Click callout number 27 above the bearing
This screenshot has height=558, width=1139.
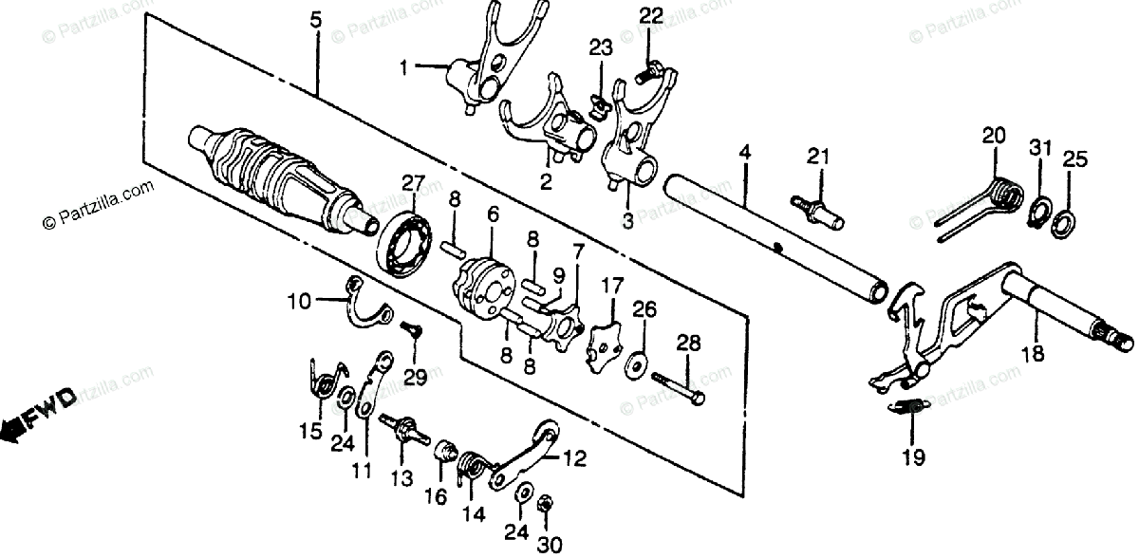[414, 183]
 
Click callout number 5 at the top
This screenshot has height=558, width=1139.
[316, 16]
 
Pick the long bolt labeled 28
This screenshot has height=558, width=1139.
[678, 386]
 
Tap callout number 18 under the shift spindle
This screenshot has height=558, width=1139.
[1032, 355]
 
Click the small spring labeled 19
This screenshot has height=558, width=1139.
[911, 408]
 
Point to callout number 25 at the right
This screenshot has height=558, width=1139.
[1073, 158]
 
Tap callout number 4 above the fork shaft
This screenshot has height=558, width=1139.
[744, 152]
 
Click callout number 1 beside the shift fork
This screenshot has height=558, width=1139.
[404, 68]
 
